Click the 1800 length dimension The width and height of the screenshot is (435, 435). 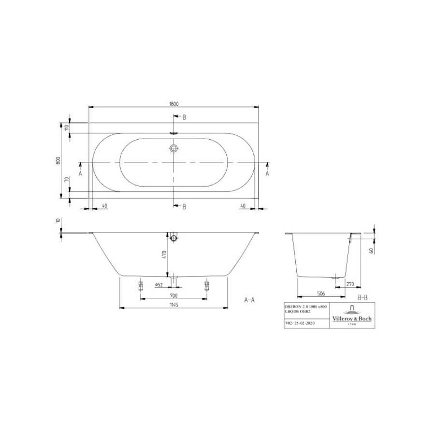174,103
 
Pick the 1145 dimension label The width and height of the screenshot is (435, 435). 174,304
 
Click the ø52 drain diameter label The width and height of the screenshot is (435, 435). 158,285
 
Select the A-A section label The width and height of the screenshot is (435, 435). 249,300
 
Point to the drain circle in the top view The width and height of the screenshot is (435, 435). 174,148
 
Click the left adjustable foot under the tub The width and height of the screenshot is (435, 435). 141,285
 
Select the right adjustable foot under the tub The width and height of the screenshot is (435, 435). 208,285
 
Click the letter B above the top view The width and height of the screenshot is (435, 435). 184,117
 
